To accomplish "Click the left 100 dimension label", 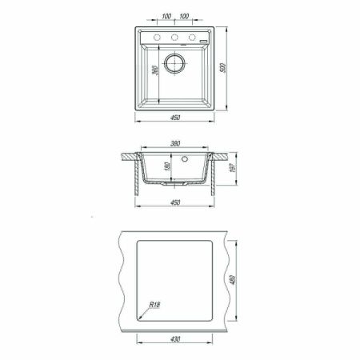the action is [166, 16].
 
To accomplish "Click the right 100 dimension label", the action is [184, 16].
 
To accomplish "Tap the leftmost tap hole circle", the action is [157, 38].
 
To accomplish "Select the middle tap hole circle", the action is [174, 38].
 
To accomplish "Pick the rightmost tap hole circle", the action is [192, 38].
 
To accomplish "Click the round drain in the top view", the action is [174, 63].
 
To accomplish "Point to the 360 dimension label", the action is [155, 70].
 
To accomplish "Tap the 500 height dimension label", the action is [223, 68].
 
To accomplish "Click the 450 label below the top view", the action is [175, 118].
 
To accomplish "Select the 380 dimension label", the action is [175, 143].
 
